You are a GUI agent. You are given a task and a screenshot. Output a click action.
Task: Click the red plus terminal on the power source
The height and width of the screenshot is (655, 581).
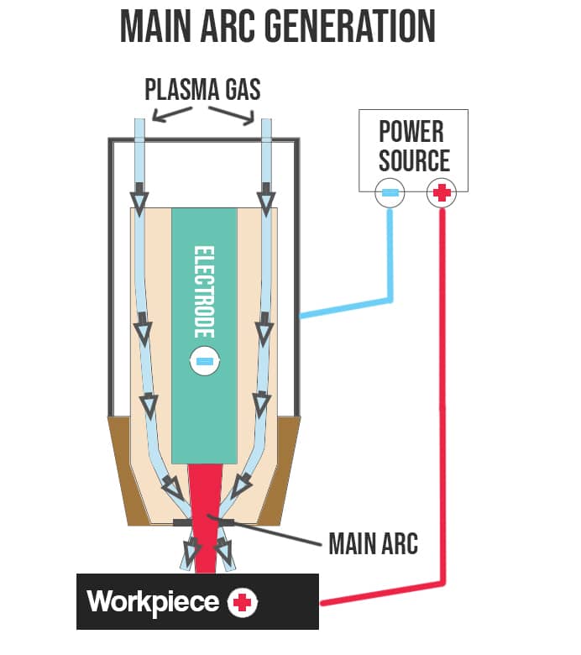[x=440, y=193]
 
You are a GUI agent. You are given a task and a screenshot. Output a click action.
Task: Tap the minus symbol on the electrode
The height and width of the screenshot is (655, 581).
[x=204, y=361]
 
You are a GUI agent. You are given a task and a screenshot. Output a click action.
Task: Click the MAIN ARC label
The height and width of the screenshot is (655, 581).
[x=373, y=543]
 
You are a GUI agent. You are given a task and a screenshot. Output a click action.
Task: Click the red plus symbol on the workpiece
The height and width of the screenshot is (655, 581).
[x=243, y=601]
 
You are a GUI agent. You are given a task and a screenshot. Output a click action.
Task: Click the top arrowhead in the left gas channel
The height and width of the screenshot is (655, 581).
[x=139, y=199]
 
